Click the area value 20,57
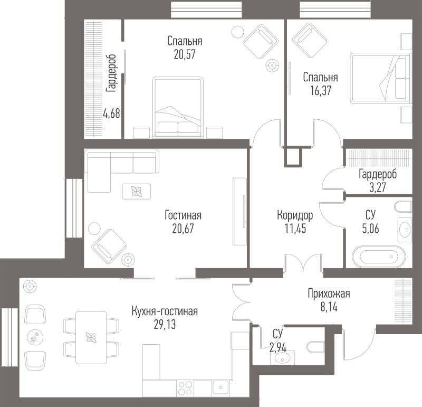pos(185,54)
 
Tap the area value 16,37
pos(321,90)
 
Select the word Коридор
pos(295,215)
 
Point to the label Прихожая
pos(329,294)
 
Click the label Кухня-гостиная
pos(165,311)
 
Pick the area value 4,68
pos(112,113)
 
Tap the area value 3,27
pos(378,187)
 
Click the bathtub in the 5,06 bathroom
pos(379,257)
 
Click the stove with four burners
pos(186,388)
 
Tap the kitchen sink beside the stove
pos(220,388)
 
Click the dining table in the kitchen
pos(91,337)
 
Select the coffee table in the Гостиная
pos(137,192)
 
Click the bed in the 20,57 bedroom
pos(178,108)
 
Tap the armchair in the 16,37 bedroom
pos(310,41)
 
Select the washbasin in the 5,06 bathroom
pos(405,230)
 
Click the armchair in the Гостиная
pos(109,246)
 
